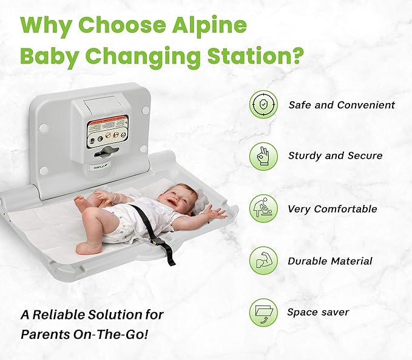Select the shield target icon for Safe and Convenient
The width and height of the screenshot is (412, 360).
(x=263, y=105)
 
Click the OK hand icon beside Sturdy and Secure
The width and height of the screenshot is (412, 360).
(x=263, y=156)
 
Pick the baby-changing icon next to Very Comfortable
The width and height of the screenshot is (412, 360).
(x=263, y=208)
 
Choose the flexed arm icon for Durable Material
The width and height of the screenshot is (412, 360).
(x=263, y=261)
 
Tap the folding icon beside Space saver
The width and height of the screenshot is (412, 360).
(x=263, y=313)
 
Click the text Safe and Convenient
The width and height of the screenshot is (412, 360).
(x=342, y=105)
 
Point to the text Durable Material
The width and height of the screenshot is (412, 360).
(x=330, y=261)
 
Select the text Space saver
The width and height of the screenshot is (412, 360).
(x=319, y=313)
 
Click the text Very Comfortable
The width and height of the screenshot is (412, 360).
(x=333, y=209)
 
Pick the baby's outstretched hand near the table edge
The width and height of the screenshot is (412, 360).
(x=215, y=213)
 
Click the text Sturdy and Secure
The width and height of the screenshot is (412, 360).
(x=335, y=156)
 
